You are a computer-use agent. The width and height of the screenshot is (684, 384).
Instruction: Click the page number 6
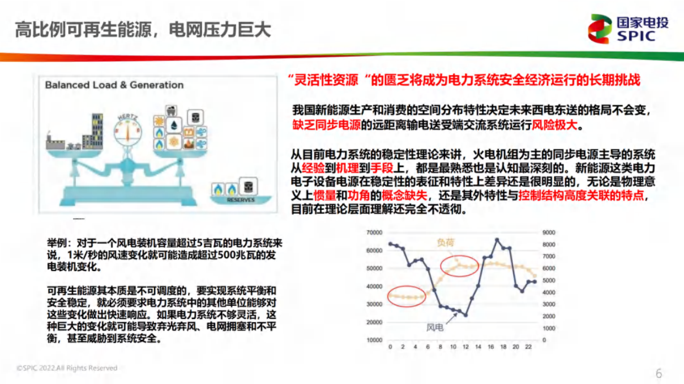[658, 374]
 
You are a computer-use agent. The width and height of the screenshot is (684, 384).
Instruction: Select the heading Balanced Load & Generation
[114, 85]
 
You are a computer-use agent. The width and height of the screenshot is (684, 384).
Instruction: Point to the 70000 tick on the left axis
[374, 232]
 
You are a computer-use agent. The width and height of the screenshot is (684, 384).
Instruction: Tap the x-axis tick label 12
[466, 347]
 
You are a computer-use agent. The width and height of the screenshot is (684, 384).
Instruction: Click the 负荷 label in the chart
[447, 242]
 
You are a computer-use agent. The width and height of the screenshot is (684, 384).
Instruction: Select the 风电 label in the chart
[435, 327]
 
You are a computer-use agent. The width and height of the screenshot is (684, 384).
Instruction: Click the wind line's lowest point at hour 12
[466, 315]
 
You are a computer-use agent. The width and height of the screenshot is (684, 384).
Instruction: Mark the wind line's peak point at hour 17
[497, 240]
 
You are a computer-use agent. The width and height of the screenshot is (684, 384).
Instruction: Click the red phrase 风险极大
[554, 125]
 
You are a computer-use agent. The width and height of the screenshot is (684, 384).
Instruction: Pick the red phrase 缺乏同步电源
[326, 125]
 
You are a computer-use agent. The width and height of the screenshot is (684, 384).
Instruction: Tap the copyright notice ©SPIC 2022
[66, 368]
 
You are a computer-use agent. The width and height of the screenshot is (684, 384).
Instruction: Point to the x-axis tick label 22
[528, 347]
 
